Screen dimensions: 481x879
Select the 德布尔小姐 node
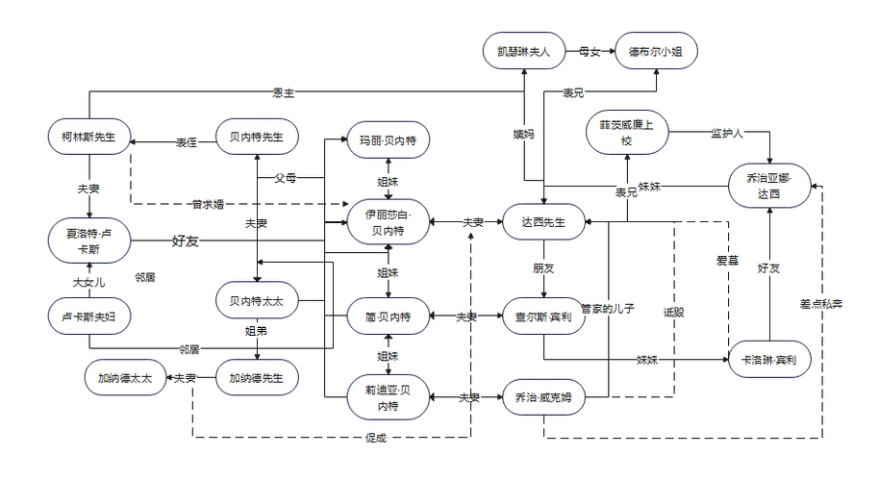coord(656,52)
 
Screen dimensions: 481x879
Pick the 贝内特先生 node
coord(256,138)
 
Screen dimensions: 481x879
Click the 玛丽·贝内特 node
coord(389,141)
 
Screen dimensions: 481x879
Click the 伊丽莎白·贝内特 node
coord(389,221)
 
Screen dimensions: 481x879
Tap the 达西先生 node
coord(543,222)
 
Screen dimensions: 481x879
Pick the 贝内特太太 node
coord(256,300)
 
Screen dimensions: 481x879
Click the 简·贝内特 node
coord(389,316)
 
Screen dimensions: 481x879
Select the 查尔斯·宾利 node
coord(543,316)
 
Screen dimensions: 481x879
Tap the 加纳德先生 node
coord(256,378)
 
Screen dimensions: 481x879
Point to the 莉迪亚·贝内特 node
coord(389,398)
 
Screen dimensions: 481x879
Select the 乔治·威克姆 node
coord(543,396)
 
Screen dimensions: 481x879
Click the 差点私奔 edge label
coord(821,305)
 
